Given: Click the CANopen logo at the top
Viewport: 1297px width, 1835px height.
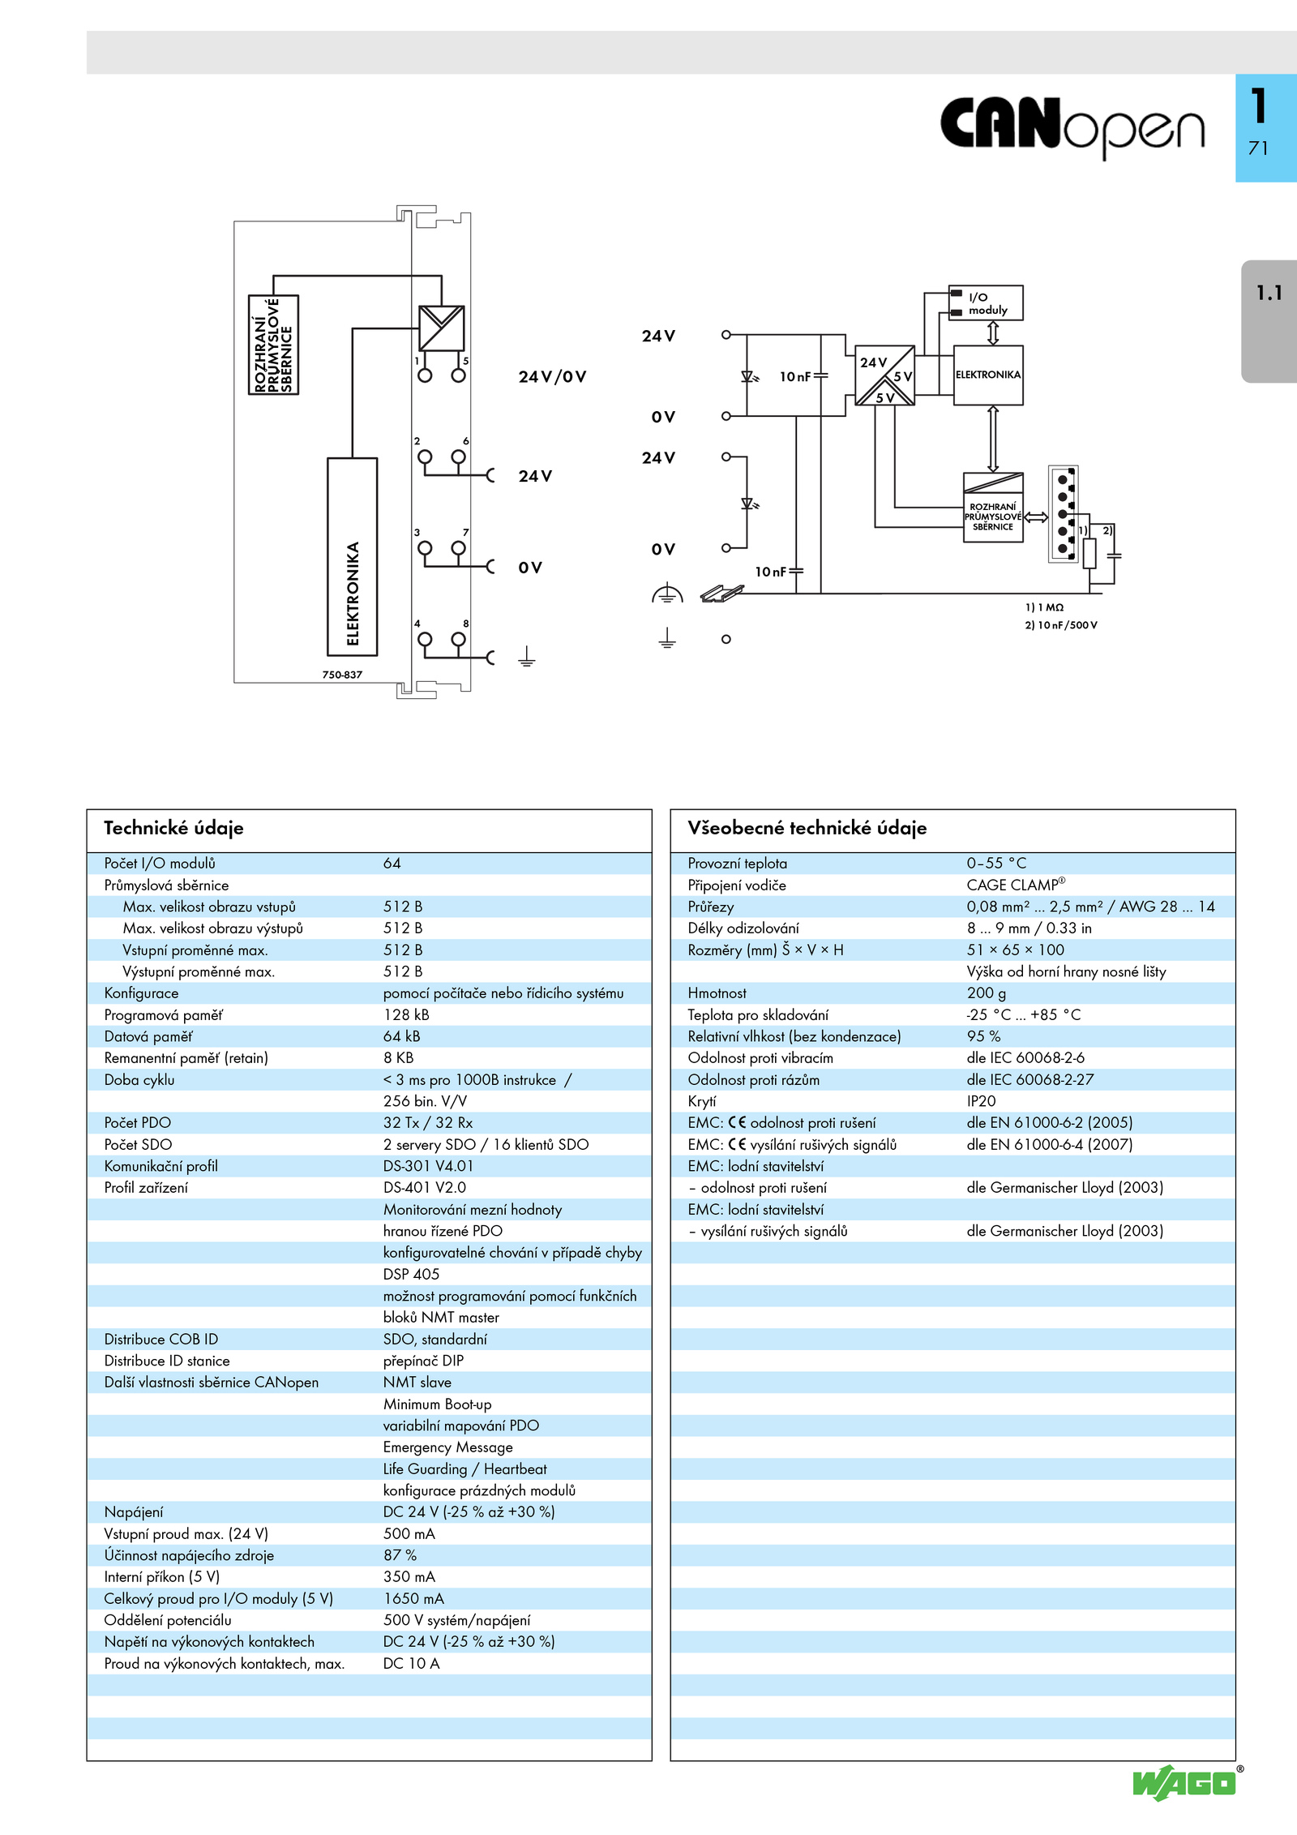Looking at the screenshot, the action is (1072, 126).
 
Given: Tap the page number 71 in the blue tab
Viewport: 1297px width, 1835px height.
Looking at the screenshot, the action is (1258, 148).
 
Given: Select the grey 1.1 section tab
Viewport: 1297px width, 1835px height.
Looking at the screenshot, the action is (1269, 320).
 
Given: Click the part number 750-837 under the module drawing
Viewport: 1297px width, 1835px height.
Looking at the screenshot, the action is (342, 675).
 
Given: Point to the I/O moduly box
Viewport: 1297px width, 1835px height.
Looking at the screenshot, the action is (986, 303).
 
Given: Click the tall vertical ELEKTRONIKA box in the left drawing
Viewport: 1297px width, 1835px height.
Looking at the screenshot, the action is (352, 556).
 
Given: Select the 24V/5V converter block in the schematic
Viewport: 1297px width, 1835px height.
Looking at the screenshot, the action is (884, 375).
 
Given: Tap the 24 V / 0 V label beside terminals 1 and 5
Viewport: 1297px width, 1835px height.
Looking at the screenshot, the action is (552, 376).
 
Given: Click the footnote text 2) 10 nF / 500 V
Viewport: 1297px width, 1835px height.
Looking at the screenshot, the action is (1061, 625).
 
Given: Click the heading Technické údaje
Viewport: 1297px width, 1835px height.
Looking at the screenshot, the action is (173, 828).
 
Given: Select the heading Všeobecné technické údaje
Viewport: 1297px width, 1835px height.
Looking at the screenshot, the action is (807, 828).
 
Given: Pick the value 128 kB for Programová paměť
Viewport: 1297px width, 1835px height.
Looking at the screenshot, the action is (406, 1014).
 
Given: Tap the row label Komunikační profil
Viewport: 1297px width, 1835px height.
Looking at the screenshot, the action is (161, 1166).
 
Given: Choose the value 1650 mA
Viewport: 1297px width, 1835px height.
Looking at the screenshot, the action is (413, 1598).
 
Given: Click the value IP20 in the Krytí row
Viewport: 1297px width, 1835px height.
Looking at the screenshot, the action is (981, 1101).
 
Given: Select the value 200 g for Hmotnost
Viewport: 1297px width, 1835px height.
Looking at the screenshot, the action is (986, 993).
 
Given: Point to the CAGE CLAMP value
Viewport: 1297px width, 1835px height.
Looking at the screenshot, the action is (1016, 885).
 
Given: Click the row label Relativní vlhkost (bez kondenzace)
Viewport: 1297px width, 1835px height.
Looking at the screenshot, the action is (794, 1036).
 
